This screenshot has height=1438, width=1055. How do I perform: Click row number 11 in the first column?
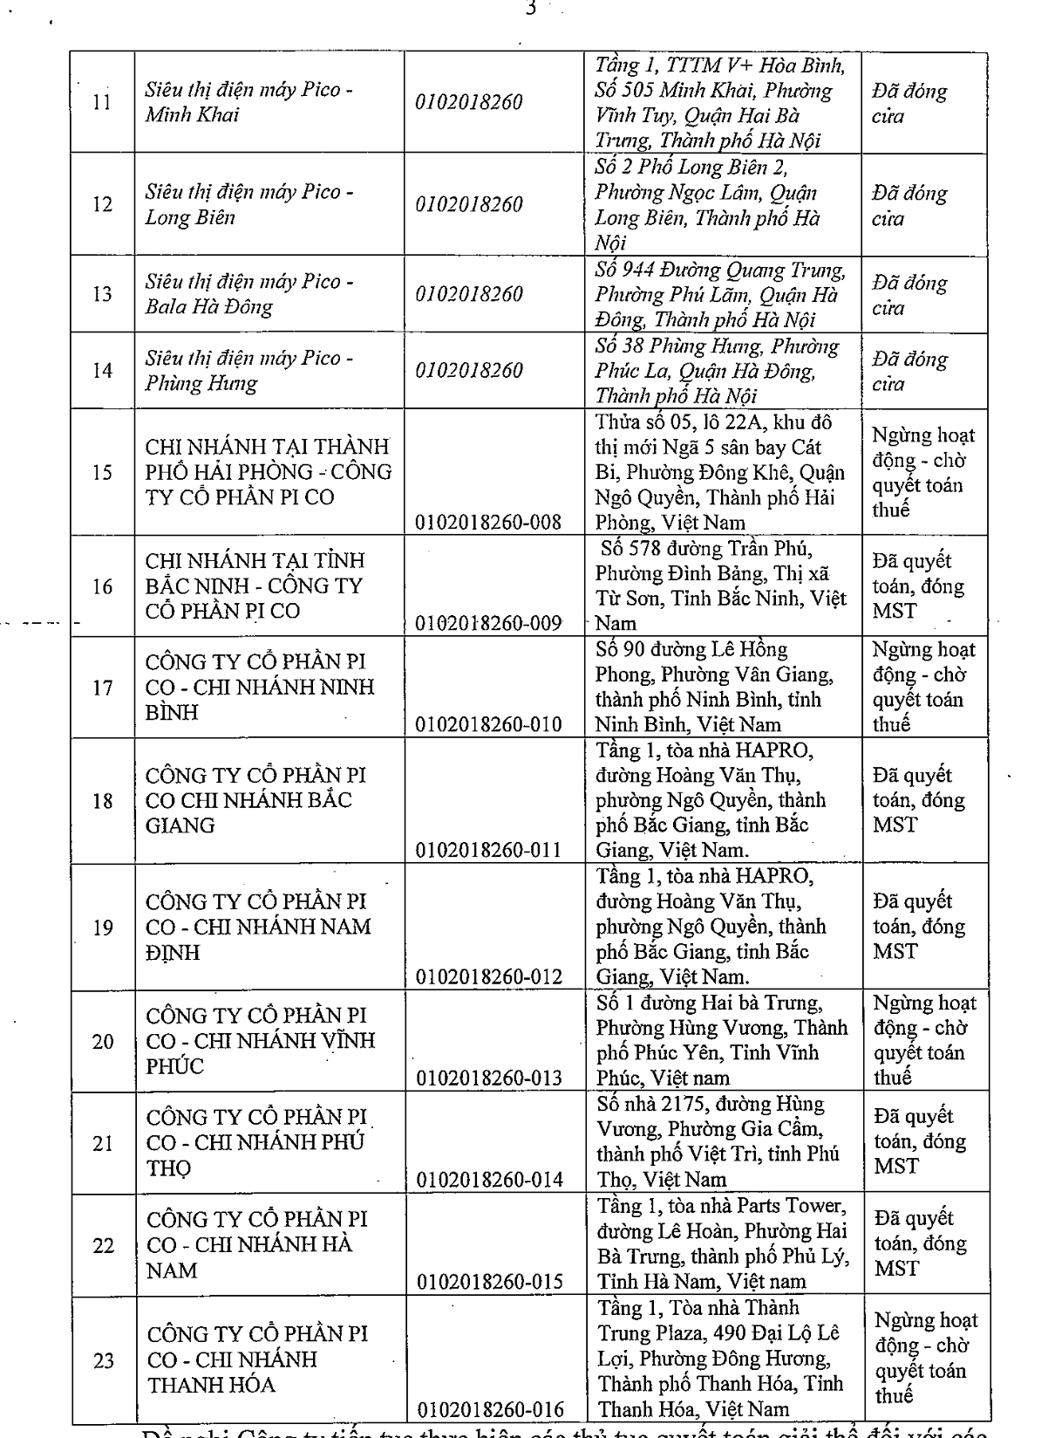tap(102, 103)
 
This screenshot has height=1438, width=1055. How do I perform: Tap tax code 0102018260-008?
tap(488, 523)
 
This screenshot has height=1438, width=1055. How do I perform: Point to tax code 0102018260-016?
tap(491, 1409)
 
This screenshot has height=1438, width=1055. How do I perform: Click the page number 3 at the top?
tap(530, 9)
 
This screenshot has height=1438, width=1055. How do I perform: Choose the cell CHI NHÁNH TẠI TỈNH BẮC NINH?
tap(255, 585)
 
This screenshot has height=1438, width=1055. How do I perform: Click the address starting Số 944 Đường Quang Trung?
tap(719, 294)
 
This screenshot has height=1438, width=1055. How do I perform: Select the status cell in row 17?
tap(923, 687)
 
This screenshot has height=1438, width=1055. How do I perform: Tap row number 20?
tap(103, 1041)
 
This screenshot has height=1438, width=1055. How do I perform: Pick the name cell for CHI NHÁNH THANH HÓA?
tap(257, 1359)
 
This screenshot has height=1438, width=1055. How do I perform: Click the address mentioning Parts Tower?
tap(722, 1243)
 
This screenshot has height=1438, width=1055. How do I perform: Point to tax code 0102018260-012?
tap(489, 976)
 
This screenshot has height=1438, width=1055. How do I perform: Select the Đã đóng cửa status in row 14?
tap(909, 371)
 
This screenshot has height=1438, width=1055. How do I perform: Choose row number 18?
tap(103, 801)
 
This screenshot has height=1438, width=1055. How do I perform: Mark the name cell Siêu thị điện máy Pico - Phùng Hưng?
tap(248, 370)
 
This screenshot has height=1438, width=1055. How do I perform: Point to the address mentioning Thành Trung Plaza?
tap(720, 1358)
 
